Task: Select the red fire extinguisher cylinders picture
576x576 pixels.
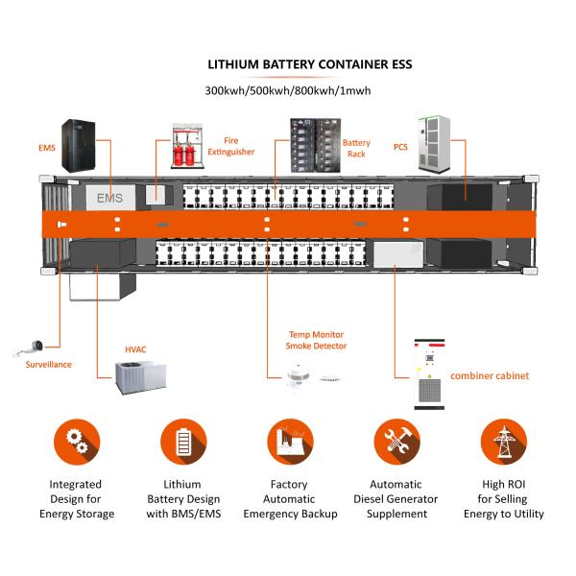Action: [188, 145]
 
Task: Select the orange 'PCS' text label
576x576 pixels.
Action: [400, 147]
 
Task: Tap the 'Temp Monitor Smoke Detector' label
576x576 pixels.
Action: [317, 340]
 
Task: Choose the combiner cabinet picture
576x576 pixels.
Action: [429, 373]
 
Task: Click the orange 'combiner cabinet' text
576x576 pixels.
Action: [490, 375]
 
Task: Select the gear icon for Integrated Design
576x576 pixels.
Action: [77, 442]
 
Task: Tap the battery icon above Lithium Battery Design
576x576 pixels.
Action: [183, 442]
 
